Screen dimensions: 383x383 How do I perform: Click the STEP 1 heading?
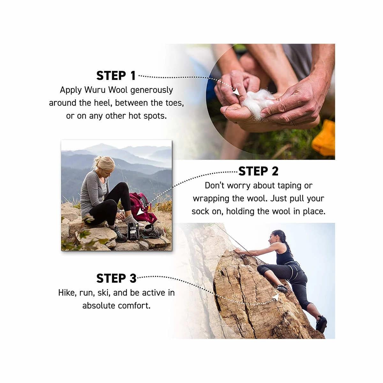tap(116, 76)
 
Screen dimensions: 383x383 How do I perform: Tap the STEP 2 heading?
tap(258, 171)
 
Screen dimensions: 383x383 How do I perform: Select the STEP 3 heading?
tap(116, 278)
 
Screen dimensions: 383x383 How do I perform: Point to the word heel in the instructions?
tap(103, 103)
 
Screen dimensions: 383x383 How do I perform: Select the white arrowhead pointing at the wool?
tap(236, 93)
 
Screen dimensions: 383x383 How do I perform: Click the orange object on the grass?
tap(324, 138)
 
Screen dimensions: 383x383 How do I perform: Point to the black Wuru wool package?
tap(133, 231)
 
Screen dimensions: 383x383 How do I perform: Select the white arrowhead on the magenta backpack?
tap(141, 212)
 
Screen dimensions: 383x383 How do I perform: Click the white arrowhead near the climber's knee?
tap(276, 297)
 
